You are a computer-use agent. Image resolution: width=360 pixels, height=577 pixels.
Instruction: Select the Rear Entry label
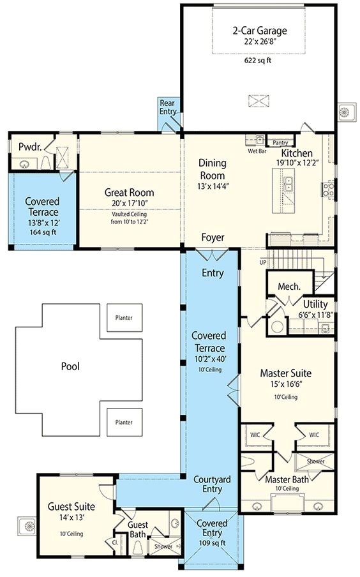[x=169, y=107]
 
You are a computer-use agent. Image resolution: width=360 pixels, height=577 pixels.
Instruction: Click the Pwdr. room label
[x=29, y=146]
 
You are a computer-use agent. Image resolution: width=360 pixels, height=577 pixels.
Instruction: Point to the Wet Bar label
[x=257, y=151]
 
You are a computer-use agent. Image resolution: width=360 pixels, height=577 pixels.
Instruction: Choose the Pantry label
[x=280, y=143]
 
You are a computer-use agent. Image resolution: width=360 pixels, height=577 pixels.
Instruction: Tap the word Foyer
[x=213, y=237]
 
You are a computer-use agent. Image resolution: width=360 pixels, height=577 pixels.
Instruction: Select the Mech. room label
[x=289, y=287]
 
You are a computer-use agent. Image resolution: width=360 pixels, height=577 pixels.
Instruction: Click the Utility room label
[x=315, y=304]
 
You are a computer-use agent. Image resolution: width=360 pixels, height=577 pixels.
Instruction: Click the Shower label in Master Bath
[x=315, y=461]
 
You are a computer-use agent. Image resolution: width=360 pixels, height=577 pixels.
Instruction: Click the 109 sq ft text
[x=213, y=543]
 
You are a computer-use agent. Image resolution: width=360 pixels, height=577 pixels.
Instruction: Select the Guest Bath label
[x=137, y=529]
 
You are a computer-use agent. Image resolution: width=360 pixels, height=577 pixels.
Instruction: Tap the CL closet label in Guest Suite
[x=115, y=542]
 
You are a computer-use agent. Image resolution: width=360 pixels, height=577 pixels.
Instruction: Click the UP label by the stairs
[x=262, y=262]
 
